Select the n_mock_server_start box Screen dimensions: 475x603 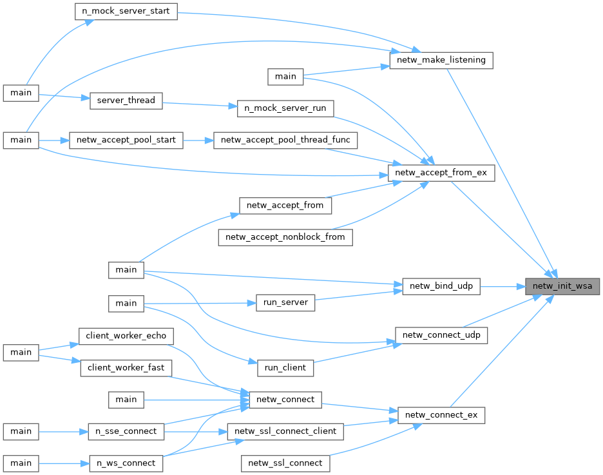(x=126, y=12)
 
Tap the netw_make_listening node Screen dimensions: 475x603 (x=441, y=61)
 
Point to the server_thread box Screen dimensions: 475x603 (x=126, y=100)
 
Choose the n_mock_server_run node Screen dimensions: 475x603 (x=285, y=108)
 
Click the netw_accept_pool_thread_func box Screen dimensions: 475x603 (x=285, y=140)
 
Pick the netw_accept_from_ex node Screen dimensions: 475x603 (x=441, y=173)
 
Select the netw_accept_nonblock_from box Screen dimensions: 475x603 (x=285, y=237)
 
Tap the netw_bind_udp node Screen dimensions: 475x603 (x=441, y=287)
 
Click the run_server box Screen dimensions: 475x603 (x=285, y=302)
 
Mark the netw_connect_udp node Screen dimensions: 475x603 (x=441, y=335)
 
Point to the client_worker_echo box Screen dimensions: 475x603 (x=126, y=336)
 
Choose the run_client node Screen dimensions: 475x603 (x=285, y=367)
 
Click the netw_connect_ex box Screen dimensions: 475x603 (x=441, y=414)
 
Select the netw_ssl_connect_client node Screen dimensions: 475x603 (x=285, y=431)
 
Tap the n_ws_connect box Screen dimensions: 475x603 (x=126, y=463)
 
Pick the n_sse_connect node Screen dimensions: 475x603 (x=126, y=431)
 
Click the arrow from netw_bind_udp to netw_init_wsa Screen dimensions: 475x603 (x=503, y=287)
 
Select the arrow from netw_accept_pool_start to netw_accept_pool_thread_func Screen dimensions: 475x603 (x=198, y=140)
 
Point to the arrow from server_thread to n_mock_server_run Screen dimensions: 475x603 (x=200, y=104)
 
